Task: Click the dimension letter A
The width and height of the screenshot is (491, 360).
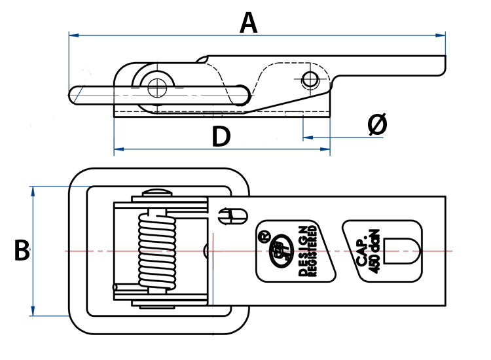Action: [249, 23]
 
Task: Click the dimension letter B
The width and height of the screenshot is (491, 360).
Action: [22, 251]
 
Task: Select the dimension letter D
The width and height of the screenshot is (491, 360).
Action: [221, 137]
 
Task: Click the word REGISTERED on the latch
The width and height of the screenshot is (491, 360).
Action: [314, 251]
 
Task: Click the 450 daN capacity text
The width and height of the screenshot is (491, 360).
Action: [374, 253]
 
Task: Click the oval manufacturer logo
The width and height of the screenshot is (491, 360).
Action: [281, 251]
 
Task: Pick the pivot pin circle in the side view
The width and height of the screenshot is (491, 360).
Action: [156, 85]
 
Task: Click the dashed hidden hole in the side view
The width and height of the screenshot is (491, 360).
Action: [310, 80]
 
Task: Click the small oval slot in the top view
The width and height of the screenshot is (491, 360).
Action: [233, 214]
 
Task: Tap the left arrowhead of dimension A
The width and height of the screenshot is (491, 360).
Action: [71, 35]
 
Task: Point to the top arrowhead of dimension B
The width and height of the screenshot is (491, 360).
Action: [32, 190]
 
